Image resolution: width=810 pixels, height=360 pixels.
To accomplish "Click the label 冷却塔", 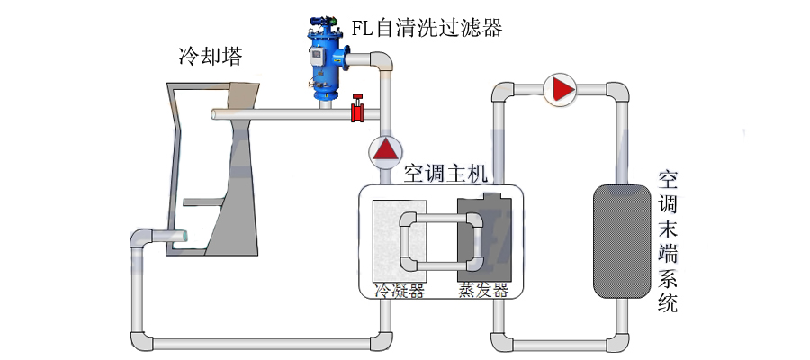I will (210, 58).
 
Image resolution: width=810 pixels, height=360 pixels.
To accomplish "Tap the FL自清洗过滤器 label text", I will (427, 28).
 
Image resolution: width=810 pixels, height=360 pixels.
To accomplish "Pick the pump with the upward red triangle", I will (385, 149).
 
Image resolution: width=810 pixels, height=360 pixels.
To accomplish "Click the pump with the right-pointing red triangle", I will (562, 90).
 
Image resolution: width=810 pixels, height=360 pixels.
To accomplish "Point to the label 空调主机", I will (445, 172).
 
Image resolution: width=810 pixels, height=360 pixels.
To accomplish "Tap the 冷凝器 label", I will (399, 290).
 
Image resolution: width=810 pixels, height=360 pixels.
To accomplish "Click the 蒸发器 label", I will (483, 290).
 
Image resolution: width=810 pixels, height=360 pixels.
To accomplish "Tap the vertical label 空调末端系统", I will (667, 241).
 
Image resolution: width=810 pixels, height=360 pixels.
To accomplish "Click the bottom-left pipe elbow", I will (141, 341).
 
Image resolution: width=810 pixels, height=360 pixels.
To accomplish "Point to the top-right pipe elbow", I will (617, 93).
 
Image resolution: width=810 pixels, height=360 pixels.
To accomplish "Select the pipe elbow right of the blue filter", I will (382, 62).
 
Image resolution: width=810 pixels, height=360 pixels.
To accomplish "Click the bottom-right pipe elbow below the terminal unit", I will (617, 341).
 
